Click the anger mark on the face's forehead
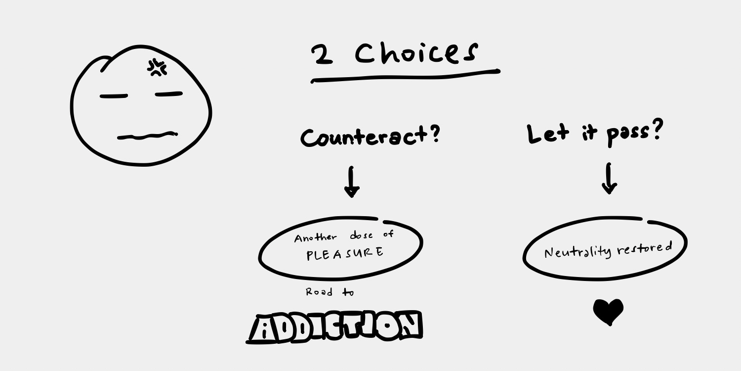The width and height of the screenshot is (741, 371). pyautogui.click(x=157, y=67)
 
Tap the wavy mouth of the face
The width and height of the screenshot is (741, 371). pyautogui.click(x=147, y=135)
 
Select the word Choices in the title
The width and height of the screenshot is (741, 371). pyautogui.click(x=416, y=53)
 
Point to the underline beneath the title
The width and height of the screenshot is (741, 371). pyautogui.click(x=405, y=76)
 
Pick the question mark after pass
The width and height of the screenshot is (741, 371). pyautogui.click(x=656, y=131)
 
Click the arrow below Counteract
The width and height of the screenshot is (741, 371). pyautogui.click(x=352, y=182)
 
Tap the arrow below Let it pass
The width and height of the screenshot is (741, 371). pyautogui.click(x=609, y=179)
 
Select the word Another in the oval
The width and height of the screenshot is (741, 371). pyautogui.click(x=315, y=237)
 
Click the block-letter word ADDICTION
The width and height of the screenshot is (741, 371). pyautogui.click(x=334, y=327)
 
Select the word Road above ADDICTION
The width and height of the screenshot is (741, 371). pyautogui.click(x=319, y=292)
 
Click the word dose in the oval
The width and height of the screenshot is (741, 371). pyautogui.click(x=362, y=235)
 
